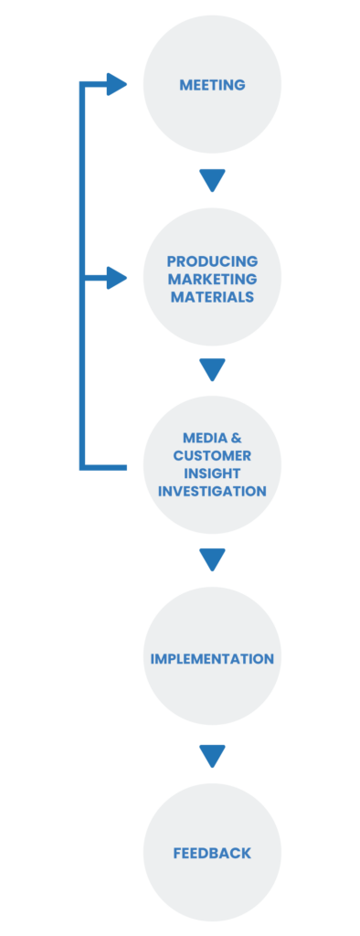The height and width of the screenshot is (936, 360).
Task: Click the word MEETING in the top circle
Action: click(x=212, y=85)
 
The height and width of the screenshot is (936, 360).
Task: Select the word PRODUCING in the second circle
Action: click(x=212, y=261)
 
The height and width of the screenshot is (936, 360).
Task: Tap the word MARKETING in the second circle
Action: click(x=212, y=279)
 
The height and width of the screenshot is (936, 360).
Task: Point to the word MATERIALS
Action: click(x=212, y=297)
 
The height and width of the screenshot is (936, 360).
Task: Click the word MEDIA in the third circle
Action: click(x=199, y=438)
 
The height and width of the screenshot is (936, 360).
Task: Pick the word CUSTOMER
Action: click(x=212, y=455)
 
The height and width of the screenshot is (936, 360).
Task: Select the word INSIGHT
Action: click(x=212, y=473)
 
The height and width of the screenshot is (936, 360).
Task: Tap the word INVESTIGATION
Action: click(x=212, y=491)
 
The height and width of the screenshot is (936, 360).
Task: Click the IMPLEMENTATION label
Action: click(x=212, y=658)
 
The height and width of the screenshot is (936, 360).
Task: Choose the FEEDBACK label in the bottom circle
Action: click(x=212, y=853)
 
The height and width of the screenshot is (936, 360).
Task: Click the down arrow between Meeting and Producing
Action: click(x=212, y=180)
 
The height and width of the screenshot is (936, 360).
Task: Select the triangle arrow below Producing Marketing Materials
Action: click(x=212, y=369)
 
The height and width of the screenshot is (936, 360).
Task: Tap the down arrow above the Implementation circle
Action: click(x=212, y=558)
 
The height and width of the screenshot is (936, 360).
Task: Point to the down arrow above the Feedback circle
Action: click(x=212, y=756)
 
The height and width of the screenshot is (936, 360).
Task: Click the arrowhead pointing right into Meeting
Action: click(x=117, y=85)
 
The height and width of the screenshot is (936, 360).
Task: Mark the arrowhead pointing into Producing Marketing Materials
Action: click(x=117, y=278)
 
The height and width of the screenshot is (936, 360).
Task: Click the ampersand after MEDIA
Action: click(x=236, y=438)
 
